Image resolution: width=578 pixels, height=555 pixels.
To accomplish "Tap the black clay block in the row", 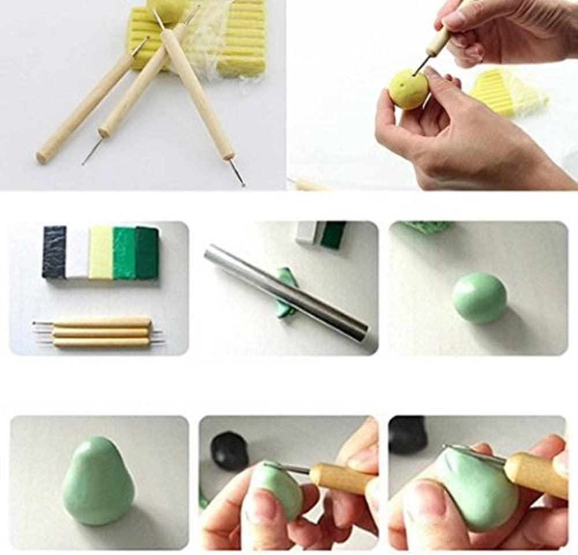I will pyautogui.click(x=54, y=252).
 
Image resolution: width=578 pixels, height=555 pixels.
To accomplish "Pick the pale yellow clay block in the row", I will pyautogui.click(x=100, y=252).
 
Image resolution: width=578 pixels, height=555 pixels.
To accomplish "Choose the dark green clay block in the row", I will pyautogui.click(x=146, y=252).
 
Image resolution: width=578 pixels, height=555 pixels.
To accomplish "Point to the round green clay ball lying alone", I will pyautogui.click(x=479, y=297).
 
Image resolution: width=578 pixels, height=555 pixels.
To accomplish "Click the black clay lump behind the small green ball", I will pyautogui.click(x=229, y=450).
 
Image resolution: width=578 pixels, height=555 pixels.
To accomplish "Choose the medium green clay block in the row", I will pyautogui.click(x=123, y=252).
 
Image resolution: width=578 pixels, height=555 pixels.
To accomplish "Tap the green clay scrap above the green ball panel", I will pyautogui.click(x=428, y=227).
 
